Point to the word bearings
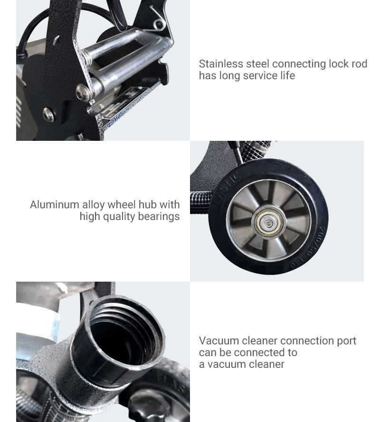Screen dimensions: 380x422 pyautogui.click(x=159, y=217)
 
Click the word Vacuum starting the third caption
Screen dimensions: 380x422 pyautogui.click(x=219, y=341)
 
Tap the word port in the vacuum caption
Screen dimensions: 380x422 pyautogui.click(x=347, y=341)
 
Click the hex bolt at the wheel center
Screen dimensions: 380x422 pyautogui.click(x=268, y=223)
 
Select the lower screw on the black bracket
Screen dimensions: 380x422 pyautogui.click(x=48, y=114)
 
